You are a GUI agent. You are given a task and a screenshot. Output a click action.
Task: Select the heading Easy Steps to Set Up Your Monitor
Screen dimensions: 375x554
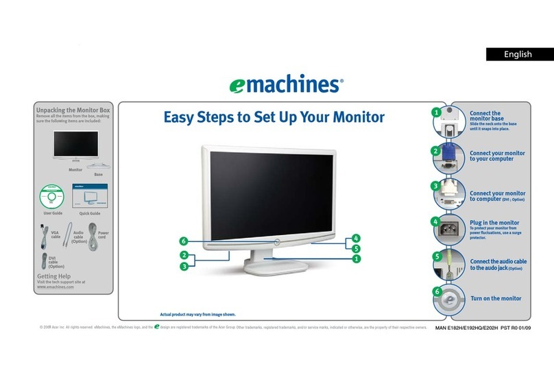tap(274, 117)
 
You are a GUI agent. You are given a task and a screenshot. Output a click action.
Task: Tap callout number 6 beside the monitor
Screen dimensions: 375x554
tap(183, 241)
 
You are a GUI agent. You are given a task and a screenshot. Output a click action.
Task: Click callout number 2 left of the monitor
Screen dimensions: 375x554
tap(183, 256)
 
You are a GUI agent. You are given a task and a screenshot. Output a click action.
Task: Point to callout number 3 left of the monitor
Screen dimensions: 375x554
tap(183, 266)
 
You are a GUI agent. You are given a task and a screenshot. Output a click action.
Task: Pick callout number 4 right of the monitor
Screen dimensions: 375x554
tap(356, 239)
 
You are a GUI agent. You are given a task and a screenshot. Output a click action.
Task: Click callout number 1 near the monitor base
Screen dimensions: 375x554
tap(356, 259)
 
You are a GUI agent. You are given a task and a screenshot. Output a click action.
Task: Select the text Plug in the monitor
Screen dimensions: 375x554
tap(494, 223)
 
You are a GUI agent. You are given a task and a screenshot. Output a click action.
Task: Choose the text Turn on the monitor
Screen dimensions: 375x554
tap(495, 298)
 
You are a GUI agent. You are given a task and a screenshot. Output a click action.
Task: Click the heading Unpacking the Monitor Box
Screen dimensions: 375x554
tap(73, 110)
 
